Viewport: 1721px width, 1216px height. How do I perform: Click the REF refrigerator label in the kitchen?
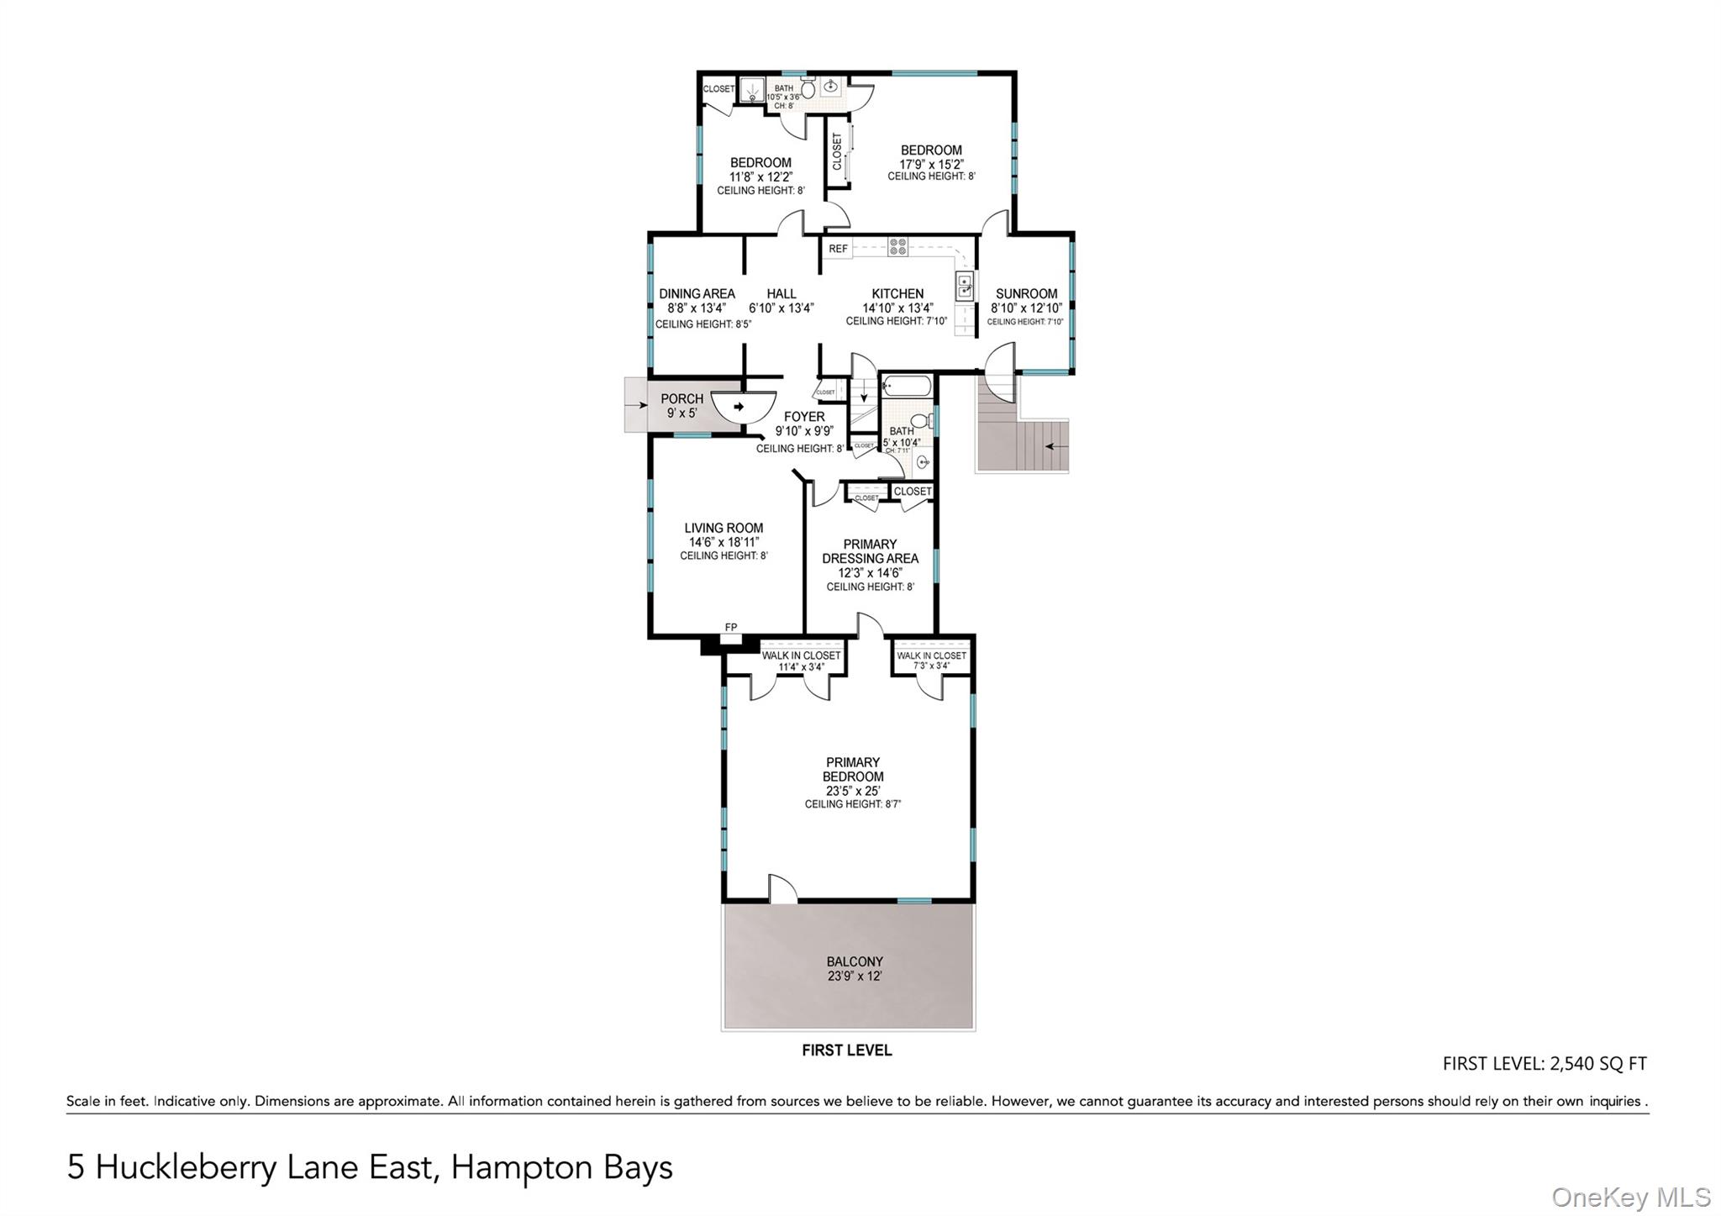pos(838,249)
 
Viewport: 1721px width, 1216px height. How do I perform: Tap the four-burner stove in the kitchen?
pos(897,247)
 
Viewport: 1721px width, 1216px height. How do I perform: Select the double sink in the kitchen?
pos(965,287)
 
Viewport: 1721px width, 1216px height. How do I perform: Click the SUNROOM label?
pos(1026,294)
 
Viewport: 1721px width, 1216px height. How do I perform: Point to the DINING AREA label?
pos(697,294)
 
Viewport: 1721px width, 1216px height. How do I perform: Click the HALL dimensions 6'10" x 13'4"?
pos(781,308)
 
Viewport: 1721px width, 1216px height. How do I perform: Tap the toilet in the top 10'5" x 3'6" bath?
pos(808,88)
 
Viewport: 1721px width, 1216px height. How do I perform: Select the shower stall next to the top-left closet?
pos(751,90)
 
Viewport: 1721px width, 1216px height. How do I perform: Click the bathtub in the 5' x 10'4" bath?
pos(906,387)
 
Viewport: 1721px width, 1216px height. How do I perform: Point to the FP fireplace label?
pos(731,627)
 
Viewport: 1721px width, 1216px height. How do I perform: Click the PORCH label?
pos(682,399)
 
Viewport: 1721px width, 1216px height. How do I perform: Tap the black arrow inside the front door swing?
pos(739,407)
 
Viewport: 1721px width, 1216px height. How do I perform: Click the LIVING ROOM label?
pos(724,529)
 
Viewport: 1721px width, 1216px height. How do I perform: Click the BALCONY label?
pos(855,961)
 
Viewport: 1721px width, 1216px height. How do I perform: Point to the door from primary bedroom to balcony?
pos(782,891)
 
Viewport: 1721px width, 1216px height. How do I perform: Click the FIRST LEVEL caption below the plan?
pos(846,1050)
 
